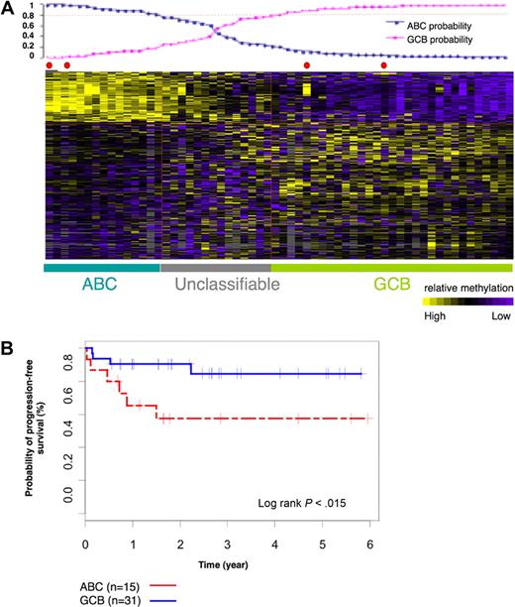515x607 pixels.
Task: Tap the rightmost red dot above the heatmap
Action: pyautogui.click(x=384, y=65)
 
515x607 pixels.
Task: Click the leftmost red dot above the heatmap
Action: pyautogui.click(x=49, y=65)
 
